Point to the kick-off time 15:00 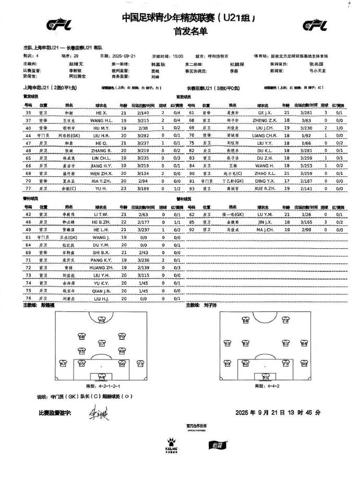178,55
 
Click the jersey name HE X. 102,112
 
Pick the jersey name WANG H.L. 102,119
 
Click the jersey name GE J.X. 264,112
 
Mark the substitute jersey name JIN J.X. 264,222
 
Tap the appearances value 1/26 307,214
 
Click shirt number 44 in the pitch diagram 102,376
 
